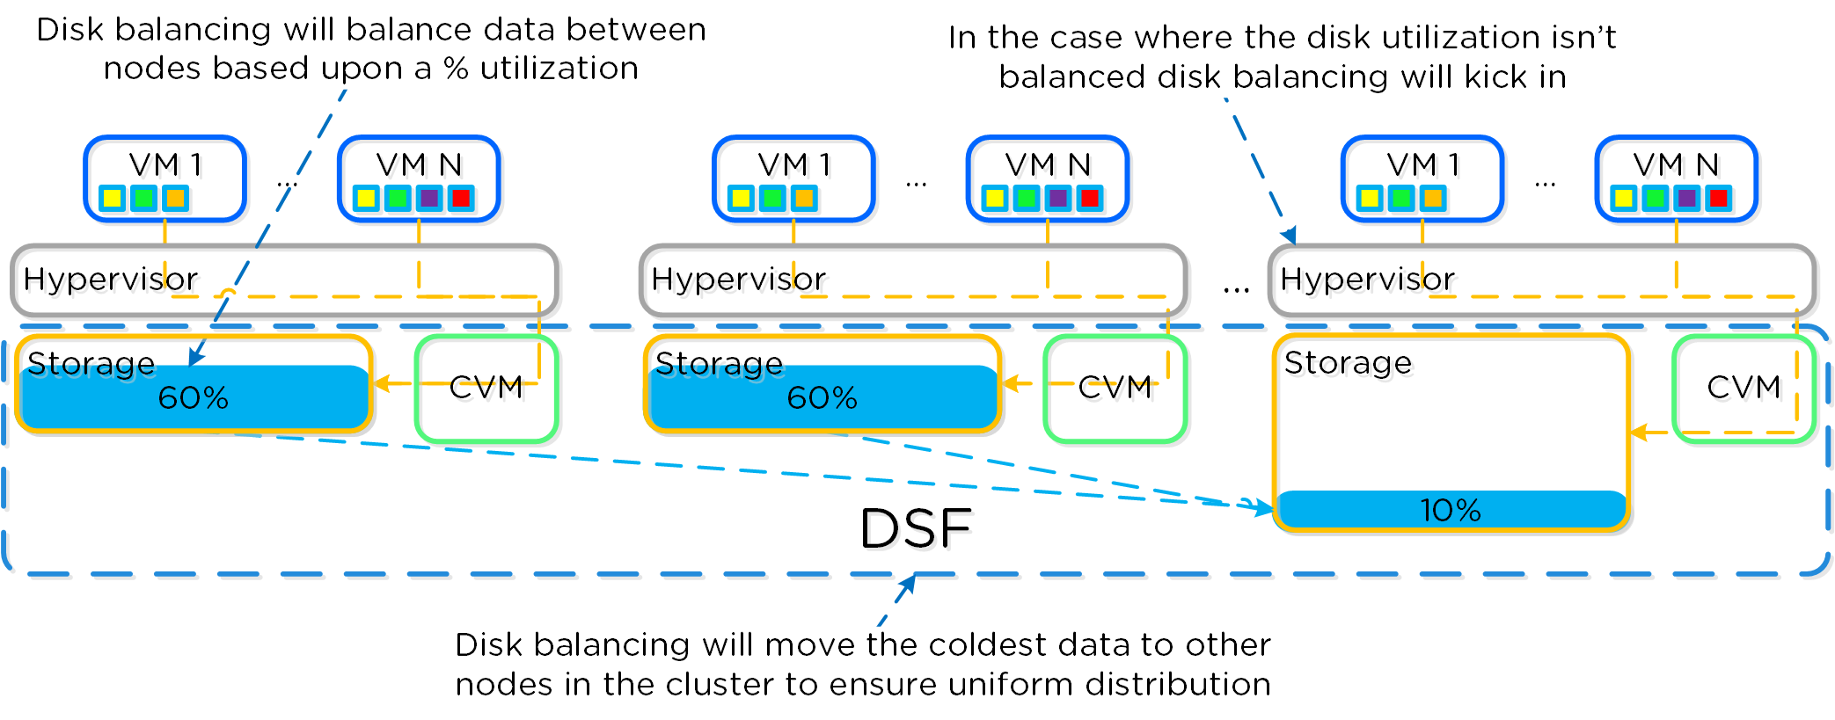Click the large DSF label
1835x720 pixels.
coord(915,528)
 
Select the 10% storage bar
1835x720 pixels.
coord(1451,510)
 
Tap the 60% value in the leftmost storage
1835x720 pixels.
coord(193,398)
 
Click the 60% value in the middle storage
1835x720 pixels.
coord(822,398)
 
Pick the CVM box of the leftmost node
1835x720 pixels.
coord(486,388)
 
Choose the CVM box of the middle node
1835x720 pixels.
coord(1115,388)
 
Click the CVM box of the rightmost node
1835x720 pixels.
coord(1744,388)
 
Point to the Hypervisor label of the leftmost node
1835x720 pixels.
coord(110,280)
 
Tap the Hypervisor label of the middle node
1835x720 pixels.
coord(738,280)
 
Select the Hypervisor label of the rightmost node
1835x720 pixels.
coord(1367,280)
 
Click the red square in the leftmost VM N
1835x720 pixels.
coord(461,199)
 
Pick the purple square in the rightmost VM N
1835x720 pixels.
coord(1687,199)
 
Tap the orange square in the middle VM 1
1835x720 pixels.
coord(804,199)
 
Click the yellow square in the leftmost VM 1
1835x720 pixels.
coord(113,199)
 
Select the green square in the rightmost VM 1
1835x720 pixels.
coord(1401,199)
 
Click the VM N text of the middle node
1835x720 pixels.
coord(1048,165)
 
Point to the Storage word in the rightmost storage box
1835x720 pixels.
coord(1348,363)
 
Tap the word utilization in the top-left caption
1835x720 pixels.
coord(559,69)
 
